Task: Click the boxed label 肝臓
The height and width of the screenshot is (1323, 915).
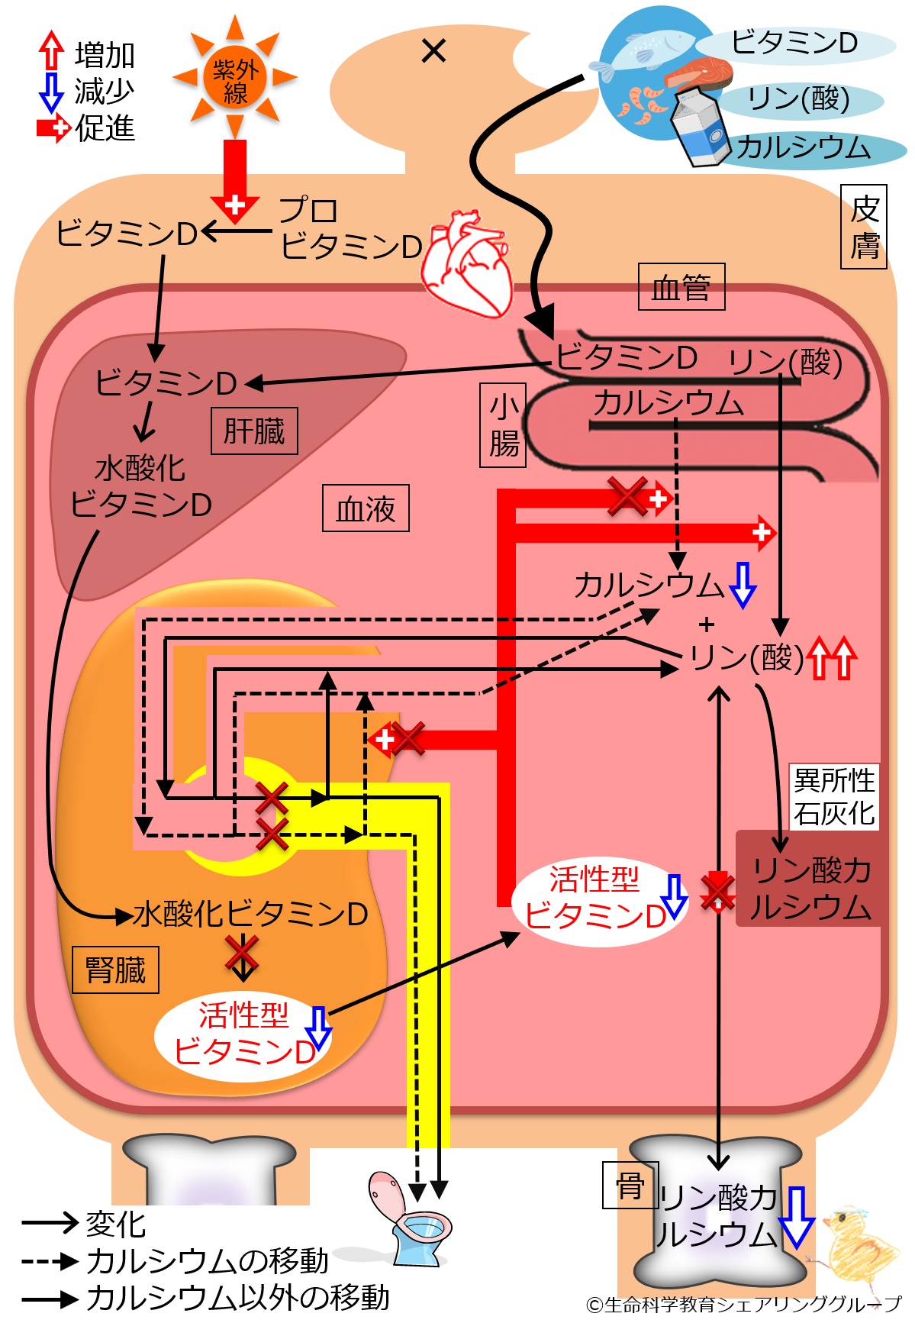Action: click(x=254, y=431)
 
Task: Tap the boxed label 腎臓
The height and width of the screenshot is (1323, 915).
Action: click(x=115, y=970)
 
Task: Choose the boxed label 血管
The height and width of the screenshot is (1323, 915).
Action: click(x=681, y=287)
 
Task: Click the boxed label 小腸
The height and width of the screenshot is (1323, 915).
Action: click(x=503, y=425)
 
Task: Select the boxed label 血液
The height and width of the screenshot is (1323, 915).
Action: click(x=366, y=508)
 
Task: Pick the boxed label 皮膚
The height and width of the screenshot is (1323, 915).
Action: click(x=864, y=227)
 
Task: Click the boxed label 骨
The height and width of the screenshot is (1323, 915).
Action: click(x=630, y=1185)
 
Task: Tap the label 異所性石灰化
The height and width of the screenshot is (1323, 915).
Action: click(x=834, y=797)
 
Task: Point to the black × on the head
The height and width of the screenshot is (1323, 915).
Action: click(x=433, y=51)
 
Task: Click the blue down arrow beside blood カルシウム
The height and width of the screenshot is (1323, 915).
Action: click(x=742, y=586)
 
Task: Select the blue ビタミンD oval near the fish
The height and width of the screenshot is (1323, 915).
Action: click(x=794, y=44)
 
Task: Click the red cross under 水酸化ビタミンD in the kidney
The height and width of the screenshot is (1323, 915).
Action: click(x=243, y=954)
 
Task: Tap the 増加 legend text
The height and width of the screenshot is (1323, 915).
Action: click(x=105, y=55)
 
